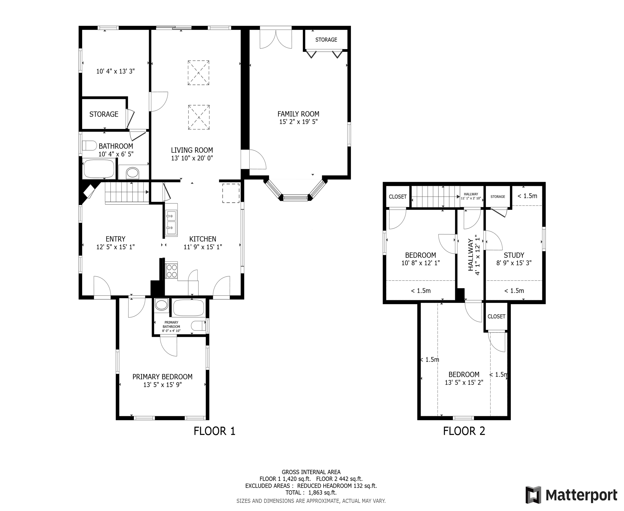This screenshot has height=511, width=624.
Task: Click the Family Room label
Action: (x=298, y=114)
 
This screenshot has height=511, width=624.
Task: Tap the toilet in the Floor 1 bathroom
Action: (x=89, y=145)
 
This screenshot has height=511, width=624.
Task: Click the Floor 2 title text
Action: (x=464, y=431)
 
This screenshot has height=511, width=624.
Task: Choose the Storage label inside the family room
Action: (x=326, y=40)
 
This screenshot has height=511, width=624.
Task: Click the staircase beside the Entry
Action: (x=127, y=193)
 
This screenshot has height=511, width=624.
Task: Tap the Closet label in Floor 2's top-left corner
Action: (x=398, y=197)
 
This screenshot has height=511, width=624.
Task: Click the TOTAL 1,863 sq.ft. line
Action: (x=311, y=492)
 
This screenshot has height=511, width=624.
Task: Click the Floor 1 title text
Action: (x=214, y=431)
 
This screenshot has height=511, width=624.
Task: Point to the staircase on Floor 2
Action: (x=435, y=197)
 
